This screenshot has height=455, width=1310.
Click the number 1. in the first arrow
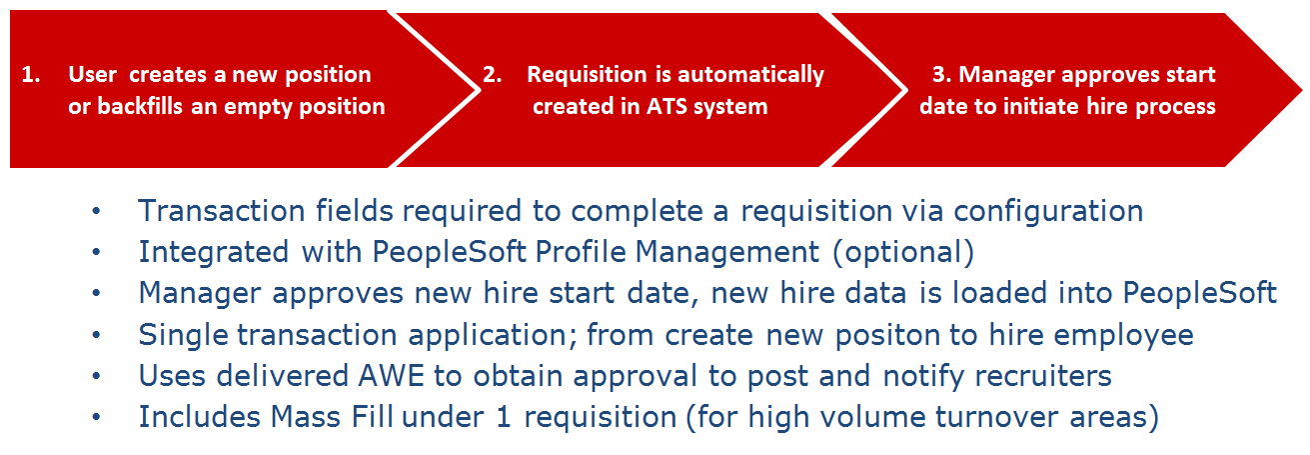30,75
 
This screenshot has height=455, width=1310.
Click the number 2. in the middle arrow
492,75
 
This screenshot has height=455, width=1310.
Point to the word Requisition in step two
587,75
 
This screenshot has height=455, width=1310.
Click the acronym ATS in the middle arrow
666,107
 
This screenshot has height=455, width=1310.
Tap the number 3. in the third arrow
942,75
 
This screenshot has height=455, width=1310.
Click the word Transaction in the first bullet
222,211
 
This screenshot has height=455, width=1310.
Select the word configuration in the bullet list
1048,212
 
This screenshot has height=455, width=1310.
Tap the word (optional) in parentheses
903,253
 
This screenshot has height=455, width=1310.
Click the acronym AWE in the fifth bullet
391,376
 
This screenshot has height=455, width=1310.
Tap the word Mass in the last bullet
306,417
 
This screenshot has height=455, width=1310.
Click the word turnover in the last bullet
996,417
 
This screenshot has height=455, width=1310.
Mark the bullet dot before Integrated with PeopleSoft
97,252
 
